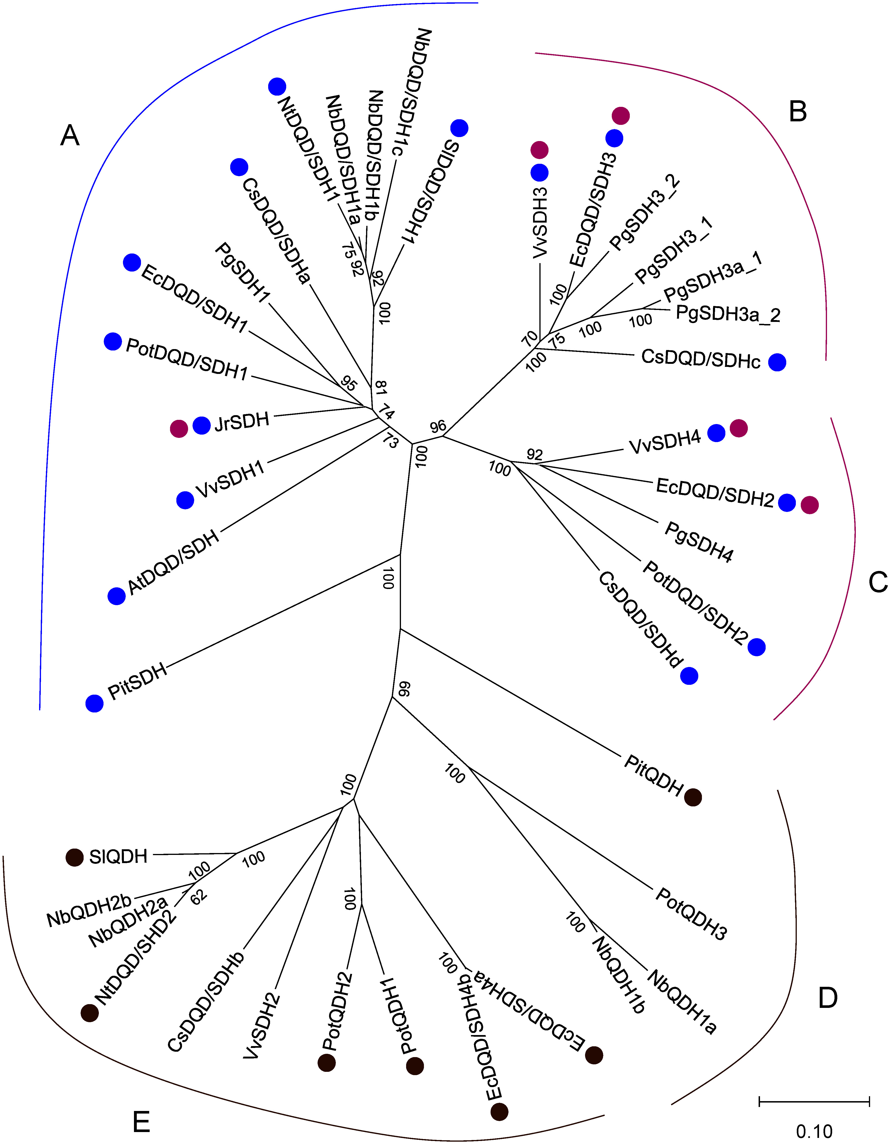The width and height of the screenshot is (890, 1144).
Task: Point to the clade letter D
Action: tap(828, 999)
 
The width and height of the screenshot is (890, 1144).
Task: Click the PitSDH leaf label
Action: tap(137, 682)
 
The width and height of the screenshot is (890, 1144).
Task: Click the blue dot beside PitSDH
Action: tap(95, 703)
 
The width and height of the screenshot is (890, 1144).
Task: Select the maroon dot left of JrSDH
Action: tap(179, 429)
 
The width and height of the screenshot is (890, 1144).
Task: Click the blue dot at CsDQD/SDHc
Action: tap(777, 362)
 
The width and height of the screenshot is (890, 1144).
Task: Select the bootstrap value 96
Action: tap(438, 427)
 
